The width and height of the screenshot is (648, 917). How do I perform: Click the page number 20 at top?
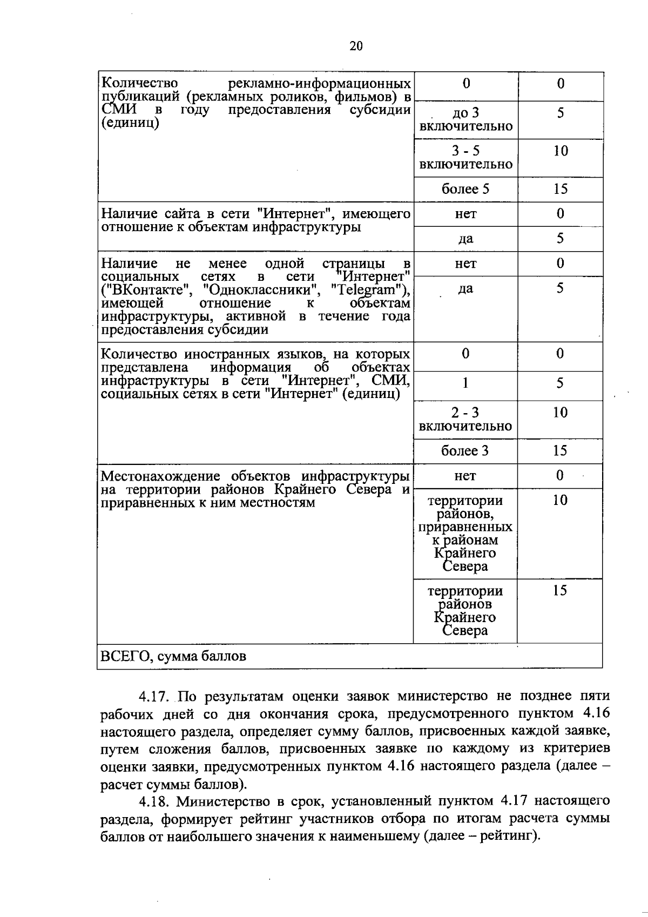tap(356, 46)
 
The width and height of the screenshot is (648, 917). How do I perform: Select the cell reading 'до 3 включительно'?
tap(465, 119)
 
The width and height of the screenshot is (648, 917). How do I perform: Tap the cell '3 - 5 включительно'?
tap(465, 157)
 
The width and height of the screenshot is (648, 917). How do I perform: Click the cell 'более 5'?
tap(465, 189)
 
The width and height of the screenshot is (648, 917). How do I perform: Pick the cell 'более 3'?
tap(465, 451)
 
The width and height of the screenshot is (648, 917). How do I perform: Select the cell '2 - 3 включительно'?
tap(465, 419)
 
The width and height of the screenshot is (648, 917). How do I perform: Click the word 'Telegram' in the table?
tap(369, 290)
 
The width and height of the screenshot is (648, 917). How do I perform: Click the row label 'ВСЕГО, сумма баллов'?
tap(173, 656)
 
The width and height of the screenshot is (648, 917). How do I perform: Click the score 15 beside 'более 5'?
tap(560, 189)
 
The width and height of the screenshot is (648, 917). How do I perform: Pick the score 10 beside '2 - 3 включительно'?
tap(560, 413)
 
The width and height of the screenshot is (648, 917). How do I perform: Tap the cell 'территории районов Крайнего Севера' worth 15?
tap(465, 611)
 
